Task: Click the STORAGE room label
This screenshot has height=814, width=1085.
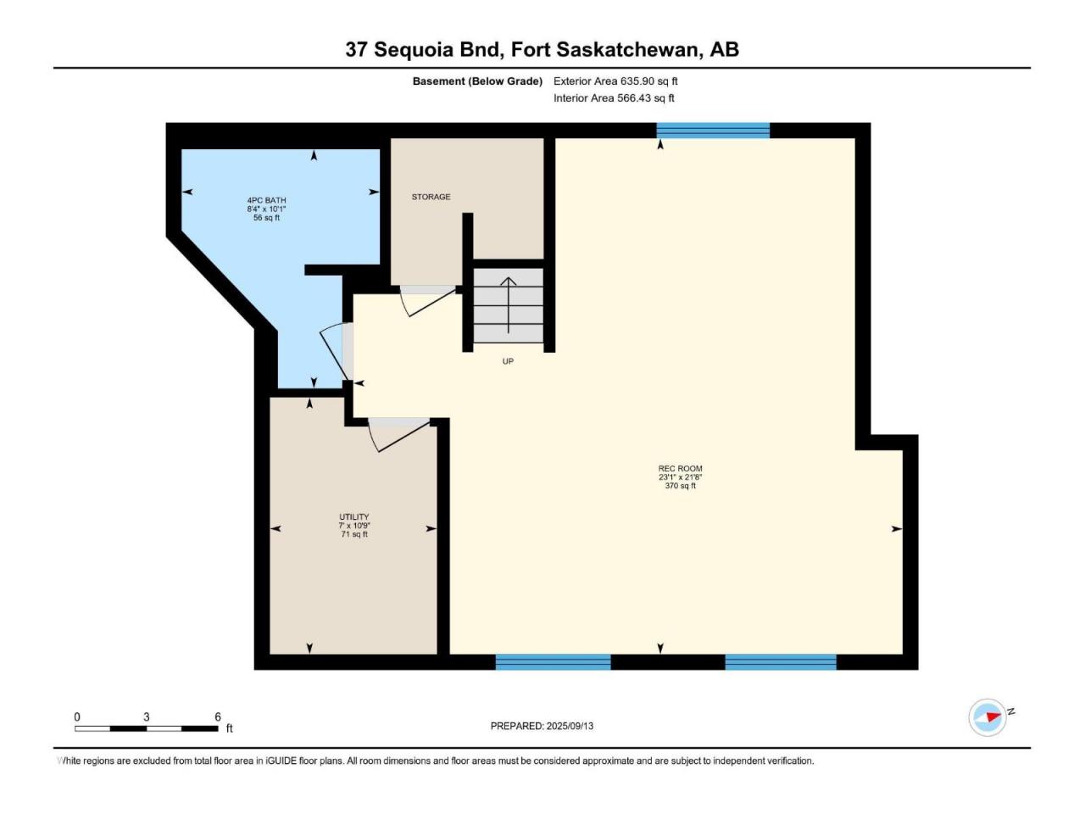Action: pyautogui.click(x=431, y=197)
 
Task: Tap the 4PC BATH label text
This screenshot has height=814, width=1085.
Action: pyautogui.click(x=266, y=200)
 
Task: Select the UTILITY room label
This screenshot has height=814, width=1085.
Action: pyautogui.click(x=354, y=517)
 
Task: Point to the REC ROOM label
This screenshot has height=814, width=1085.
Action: pyautogui.click(x=680, y=469)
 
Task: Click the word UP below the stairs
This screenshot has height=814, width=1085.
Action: pyautogui.click(x=508, y=361)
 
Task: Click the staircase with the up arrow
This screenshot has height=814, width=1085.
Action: pyautogui.click(x=508, y=305)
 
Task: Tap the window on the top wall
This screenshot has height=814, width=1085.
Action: pyautogui.click(x=713, y=130)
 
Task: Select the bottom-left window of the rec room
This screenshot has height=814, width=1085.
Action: pyautogui.click(x=554, y=661)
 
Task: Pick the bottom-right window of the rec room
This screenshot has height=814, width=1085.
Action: pyautogui.click(x=781, y=661)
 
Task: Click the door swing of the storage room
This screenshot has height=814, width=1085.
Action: pyautogui.click(x=428, y=303)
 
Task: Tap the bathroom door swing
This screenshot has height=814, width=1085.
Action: pyautogui.click(x=333, y=352)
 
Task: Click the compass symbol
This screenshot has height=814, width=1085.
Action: pyautogui.click(x=988, y=717)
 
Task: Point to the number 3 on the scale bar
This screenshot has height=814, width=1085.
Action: pyautogui.click(x=147, y=716)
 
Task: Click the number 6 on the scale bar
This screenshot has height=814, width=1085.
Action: pyautogui.click(x=218, y=716)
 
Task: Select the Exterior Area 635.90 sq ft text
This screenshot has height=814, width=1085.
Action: pyautogui.click(x=615, y=81)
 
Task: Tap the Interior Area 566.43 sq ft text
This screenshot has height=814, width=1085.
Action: pyautogui.click(x=614, y=98)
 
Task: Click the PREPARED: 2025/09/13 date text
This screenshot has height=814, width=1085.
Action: pyautogui.click(x=542, y=726)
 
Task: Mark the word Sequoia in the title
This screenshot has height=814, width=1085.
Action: pyautogui.click(x=414, y=50)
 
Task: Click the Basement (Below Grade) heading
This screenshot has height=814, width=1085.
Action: pyautogui.click(x=477, y=81)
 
